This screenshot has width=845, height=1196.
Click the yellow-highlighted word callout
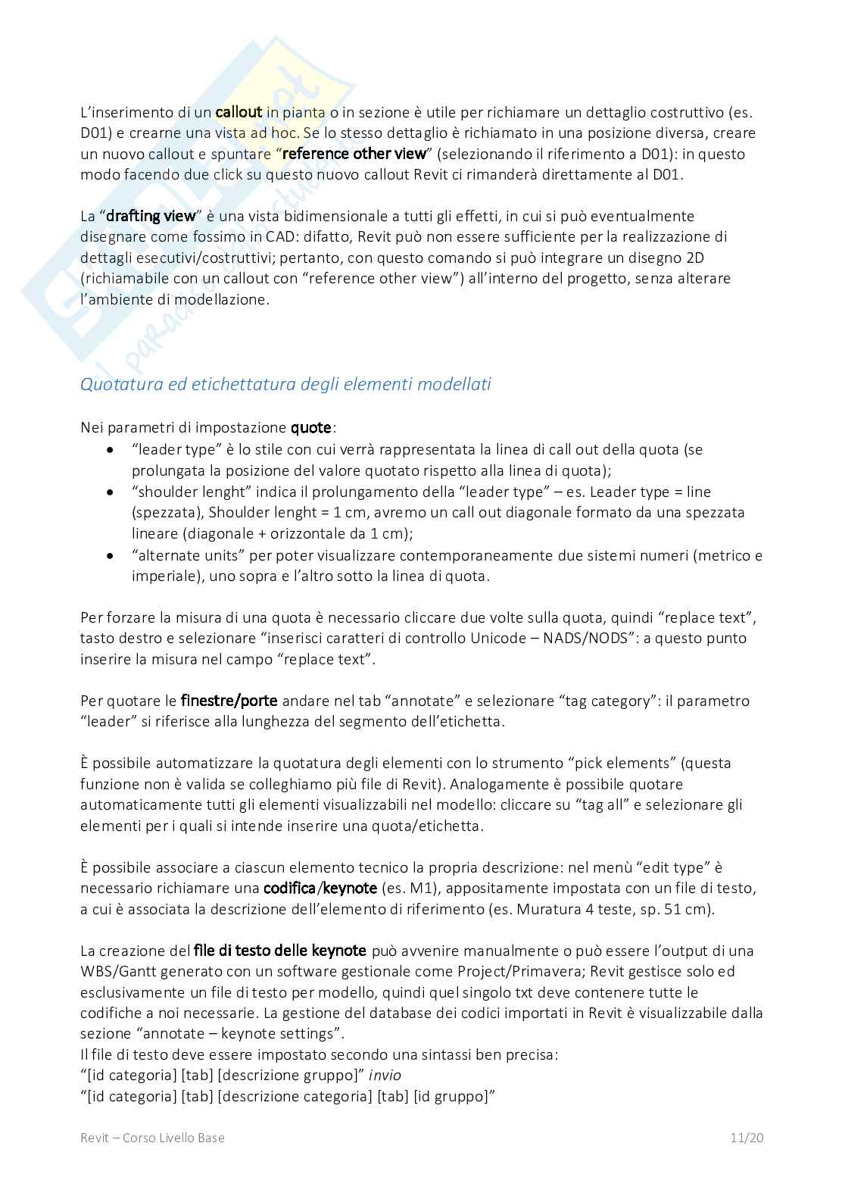239,112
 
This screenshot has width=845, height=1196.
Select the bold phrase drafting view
151,216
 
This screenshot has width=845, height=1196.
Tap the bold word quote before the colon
311,428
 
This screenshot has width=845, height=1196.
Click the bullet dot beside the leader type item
111,450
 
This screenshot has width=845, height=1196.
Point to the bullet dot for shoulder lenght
111,492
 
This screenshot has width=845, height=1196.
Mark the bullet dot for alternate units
111,556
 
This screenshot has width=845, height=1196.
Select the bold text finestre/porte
229,701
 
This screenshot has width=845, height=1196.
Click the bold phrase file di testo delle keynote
280,951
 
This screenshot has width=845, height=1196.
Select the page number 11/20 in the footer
747,1138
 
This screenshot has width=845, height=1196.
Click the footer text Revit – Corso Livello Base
152,1138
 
